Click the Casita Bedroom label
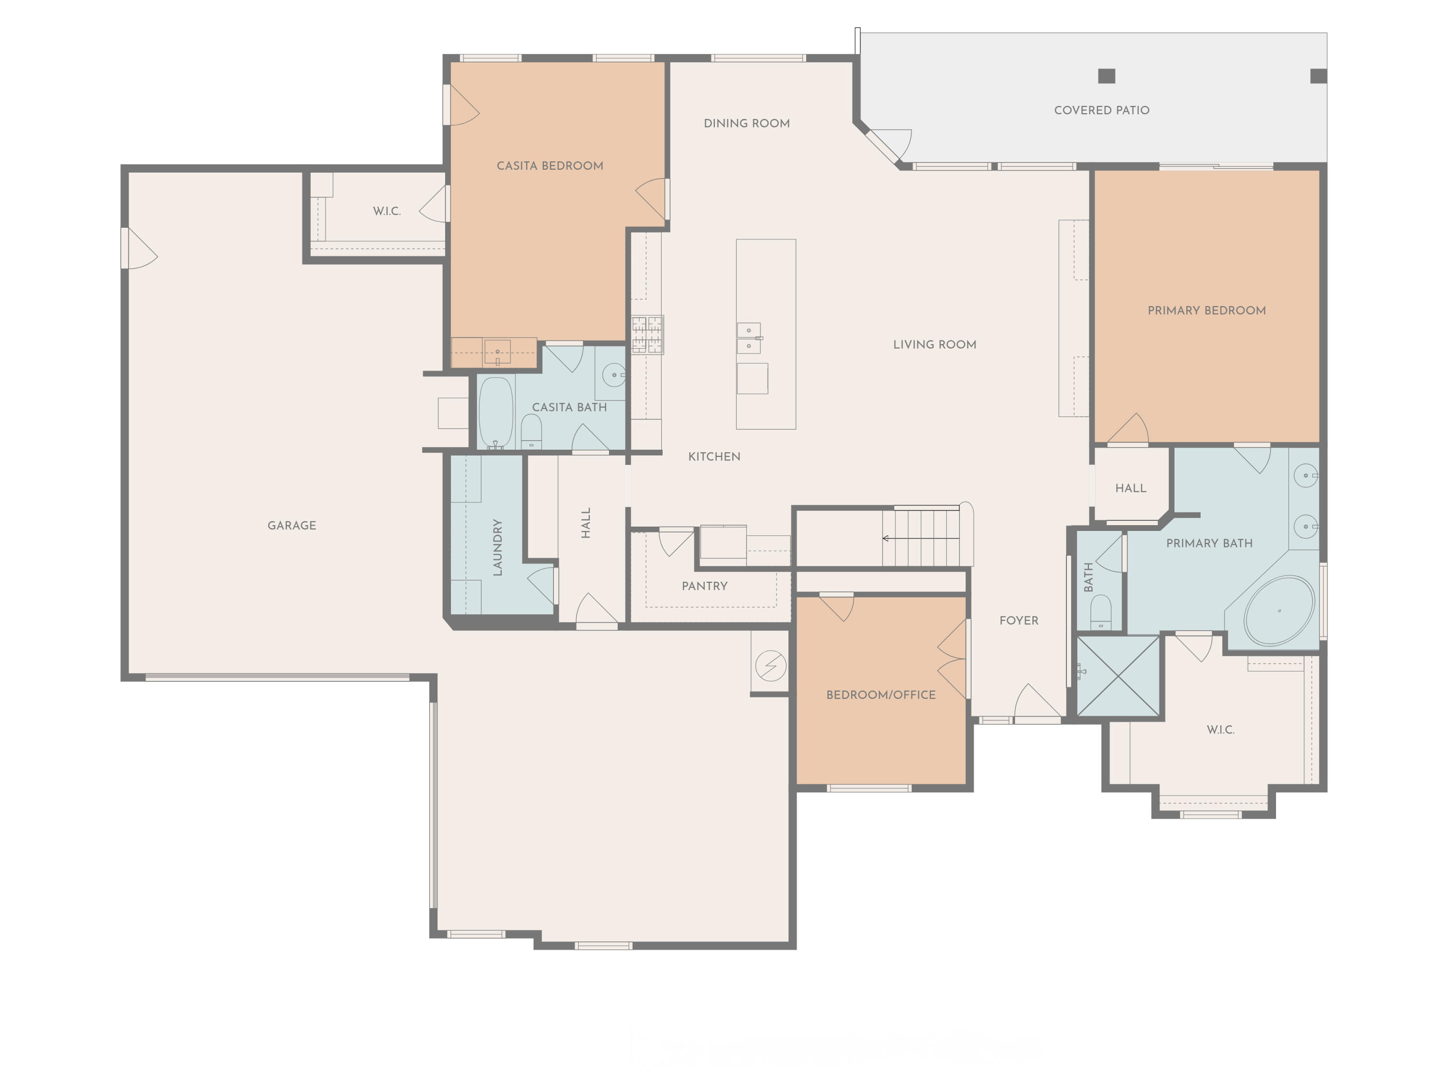click(x=550, y=166)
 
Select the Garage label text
click(x=292, y=525)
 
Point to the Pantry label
click(x=704, y=586)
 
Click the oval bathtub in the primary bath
click(x=1278, y=611)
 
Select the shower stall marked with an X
click(x=1118, y=676)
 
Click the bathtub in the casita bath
click(x=495, y=412)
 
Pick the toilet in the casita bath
click(x=531, y=431)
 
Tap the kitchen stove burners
click(x=647, y=335)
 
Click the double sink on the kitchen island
click(x=749, y=338)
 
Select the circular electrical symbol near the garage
click(x=770, y=666)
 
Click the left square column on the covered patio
click(x=1106, y=76)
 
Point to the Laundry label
click(x=497, y=547)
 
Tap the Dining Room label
click(x=747, y=123)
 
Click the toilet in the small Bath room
click(x=1101, y=611)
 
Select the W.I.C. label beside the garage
click(x=387, y=211)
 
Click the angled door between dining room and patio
click(x=882, y=146)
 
